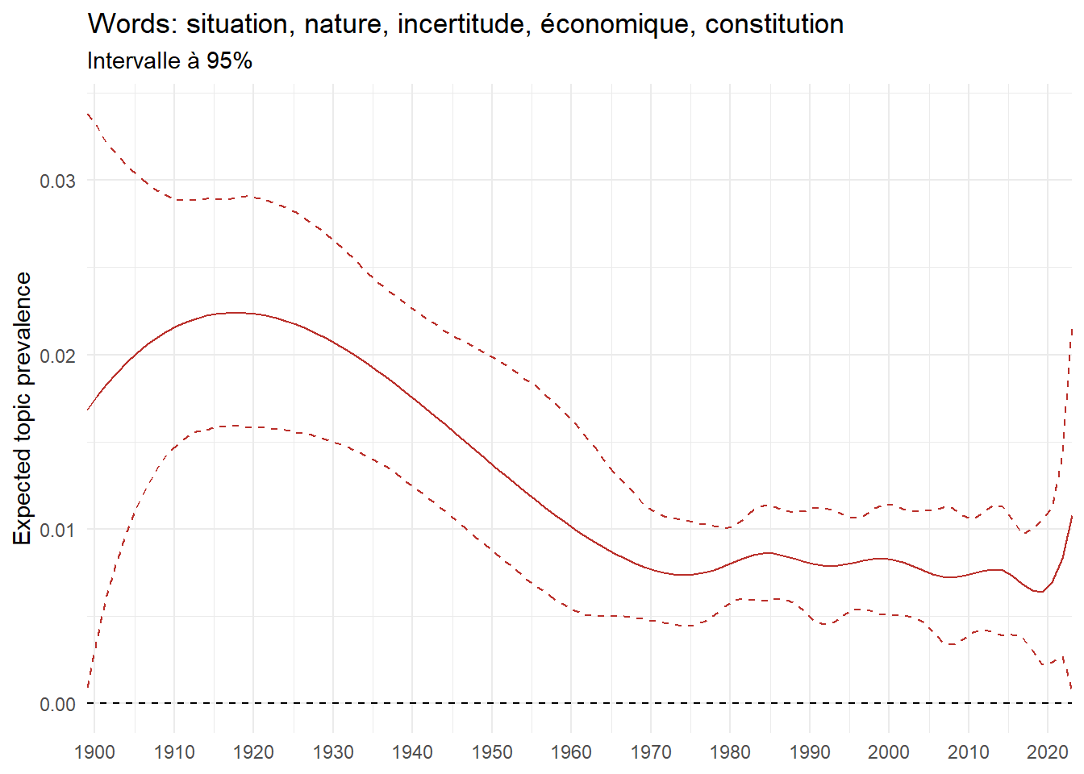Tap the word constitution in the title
(774, 24)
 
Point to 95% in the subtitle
(229, 61)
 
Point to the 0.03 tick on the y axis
(57, 181)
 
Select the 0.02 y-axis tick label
(57, 356)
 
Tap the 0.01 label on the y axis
(57, 530)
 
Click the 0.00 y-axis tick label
(57, 705)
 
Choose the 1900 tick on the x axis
(94, 752)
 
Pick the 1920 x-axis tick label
(253, 752)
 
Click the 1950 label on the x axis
(491, 752)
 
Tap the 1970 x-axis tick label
(650, 752)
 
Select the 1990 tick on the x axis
(809, 752)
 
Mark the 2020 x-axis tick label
(1047, 752)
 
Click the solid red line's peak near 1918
(235, 313)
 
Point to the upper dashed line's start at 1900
(88, 114)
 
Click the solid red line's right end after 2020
(1071, 516)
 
